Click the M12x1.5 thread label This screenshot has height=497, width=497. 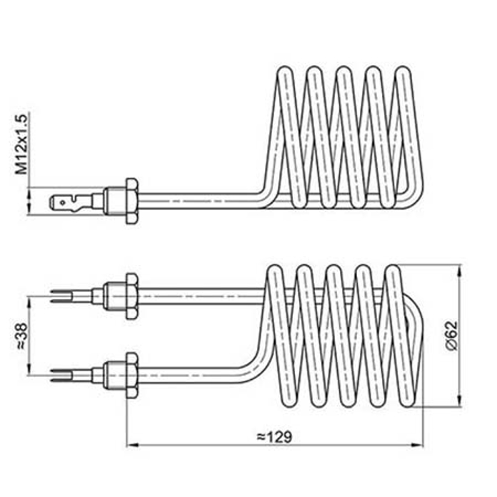click(x=22, y=144)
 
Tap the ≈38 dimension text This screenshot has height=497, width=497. click(x=21, y=335)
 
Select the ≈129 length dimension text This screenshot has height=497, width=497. click(x=274, y=436)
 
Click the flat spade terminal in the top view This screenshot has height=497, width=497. click(x=68, y=203)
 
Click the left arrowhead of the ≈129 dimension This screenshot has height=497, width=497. click(x=131, y=446)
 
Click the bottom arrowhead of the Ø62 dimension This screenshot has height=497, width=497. click(x=459, y=403)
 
